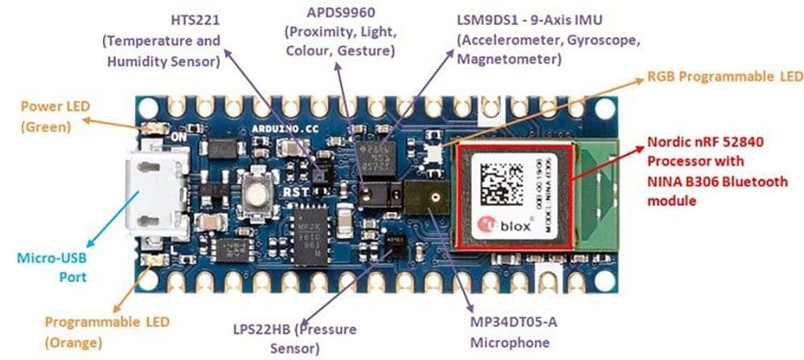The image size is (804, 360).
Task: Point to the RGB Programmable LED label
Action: coord(724,77)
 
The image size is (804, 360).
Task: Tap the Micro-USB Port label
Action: coord(51,268)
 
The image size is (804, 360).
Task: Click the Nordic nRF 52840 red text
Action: coord(703,143)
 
